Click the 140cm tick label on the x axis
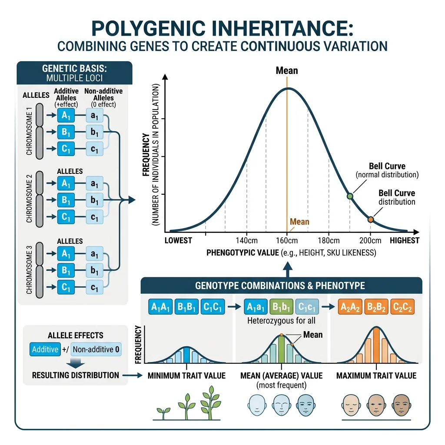[247, 241]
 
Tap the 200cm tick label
[370, 241]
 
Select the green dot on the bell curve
[350, 196]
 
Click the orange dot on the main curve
[370, 220]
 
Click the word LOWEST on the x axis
[179, 241]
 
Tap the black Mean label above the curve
[287, 70]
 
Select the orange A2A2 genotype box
[349, 307]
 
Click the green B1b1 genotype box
[281, 307]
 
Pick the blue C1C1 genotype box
[213, 307]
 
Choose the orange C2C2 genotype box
[402, 307]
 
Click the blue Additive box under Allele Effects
[45, 349]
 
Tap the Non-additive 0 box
[96, 349]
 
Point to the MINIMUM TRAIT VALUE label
[187, 375]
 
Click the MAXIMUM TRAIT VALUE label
[376, 375]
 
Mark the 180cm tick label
[329, 241]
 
